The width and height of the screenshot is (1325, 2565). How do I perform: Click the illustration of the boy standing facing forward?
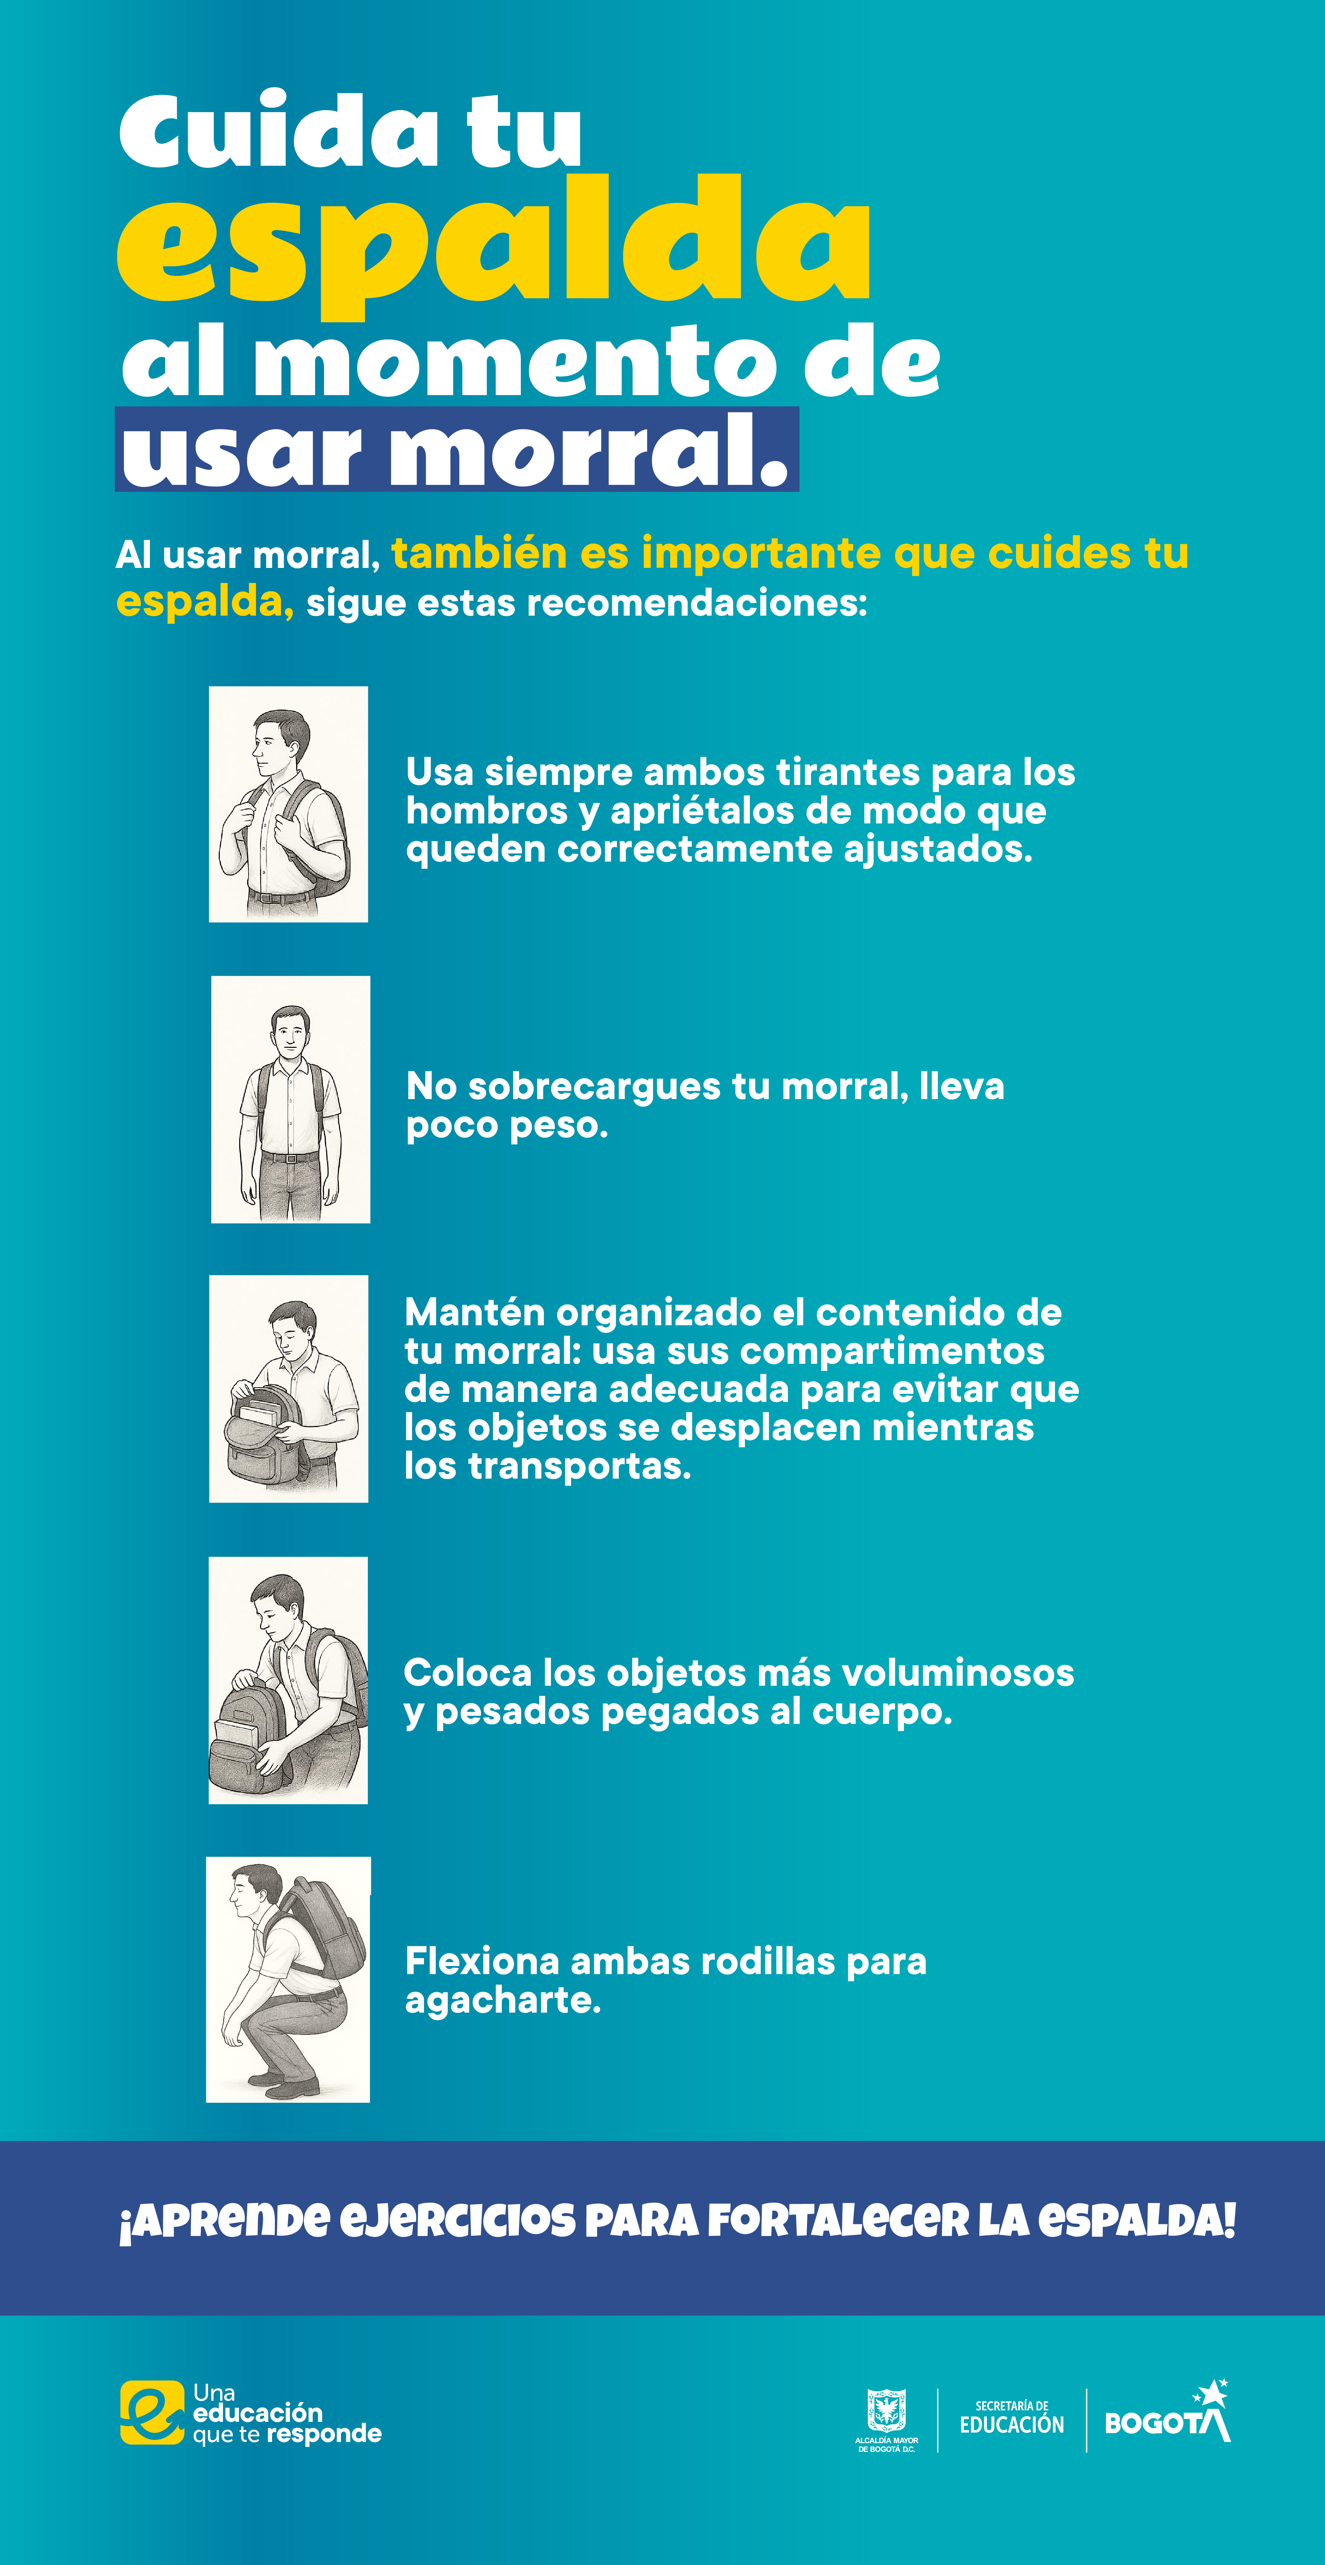coord(291,1099)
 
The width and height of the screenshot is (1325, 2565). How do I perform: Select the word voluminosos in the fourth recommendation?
coord(958,1674)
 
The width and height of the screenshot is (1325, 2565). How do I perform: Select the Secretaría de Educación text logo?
coord(1012,2418)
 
